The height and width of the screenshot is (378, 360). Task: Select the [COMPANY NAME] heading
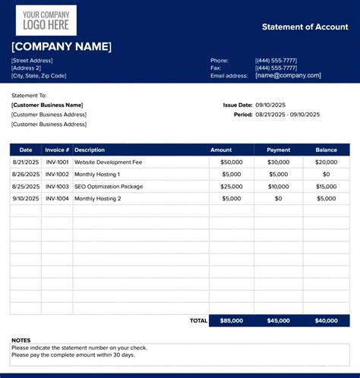click(62, 47)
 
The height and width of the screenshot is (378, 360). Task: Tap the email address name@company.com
click(288, 75)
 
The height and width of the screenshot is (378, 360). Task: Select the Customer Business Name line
click(47, 105)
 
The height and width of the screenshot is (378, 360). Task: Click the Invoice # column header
click(57, 150)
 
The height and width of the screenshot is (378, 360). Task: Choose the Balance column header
click(326, 150)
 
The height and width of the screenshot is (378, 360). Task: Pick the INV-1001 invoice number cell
click(57, 162)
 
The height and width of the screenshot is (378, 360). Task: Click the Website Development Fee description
click(108, 162)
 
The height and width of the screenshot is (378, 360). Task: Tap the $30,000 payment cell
click(278, 162)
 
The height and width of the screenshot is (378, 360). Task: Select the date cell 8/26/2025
click(26, 175)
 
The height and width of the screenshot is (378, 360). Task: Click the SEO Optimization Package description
click(109, 187)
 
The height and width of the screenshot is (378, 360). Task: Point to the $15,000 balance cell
click(326, 187)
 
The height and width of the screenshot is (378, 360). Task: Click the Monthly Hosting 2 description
click(98, 199)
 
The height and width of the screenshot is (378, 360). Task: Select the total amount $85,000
click(232, 321)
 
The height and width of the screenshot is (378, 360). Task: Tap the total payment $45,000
click(278, 321)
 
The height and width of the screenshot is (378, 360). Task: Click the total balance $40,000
click(326, 321)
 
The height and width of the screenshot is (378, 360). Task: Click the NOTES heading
click(21, 340)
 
